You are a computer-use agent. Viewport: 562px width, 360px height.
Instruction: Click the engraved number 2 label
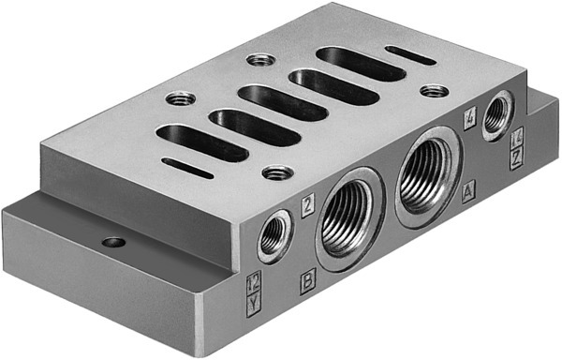[x=307, y=199]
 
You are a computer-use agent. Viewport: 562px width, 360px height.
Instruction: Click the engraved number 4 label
[x=470, y=118]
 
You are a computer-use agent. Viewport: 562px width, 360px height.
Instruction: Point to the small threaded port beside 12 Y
[x=274, y=235]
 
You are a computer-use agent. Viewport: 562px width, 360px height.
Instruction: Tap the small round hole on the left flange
[x=113, y=242]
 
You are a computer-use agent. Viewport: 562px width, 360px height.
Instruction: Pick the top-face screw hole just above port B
[x=275, y=172]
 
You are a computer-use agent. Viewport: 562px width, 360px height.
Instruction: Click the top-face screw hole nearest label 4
[x=432, y=91]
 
